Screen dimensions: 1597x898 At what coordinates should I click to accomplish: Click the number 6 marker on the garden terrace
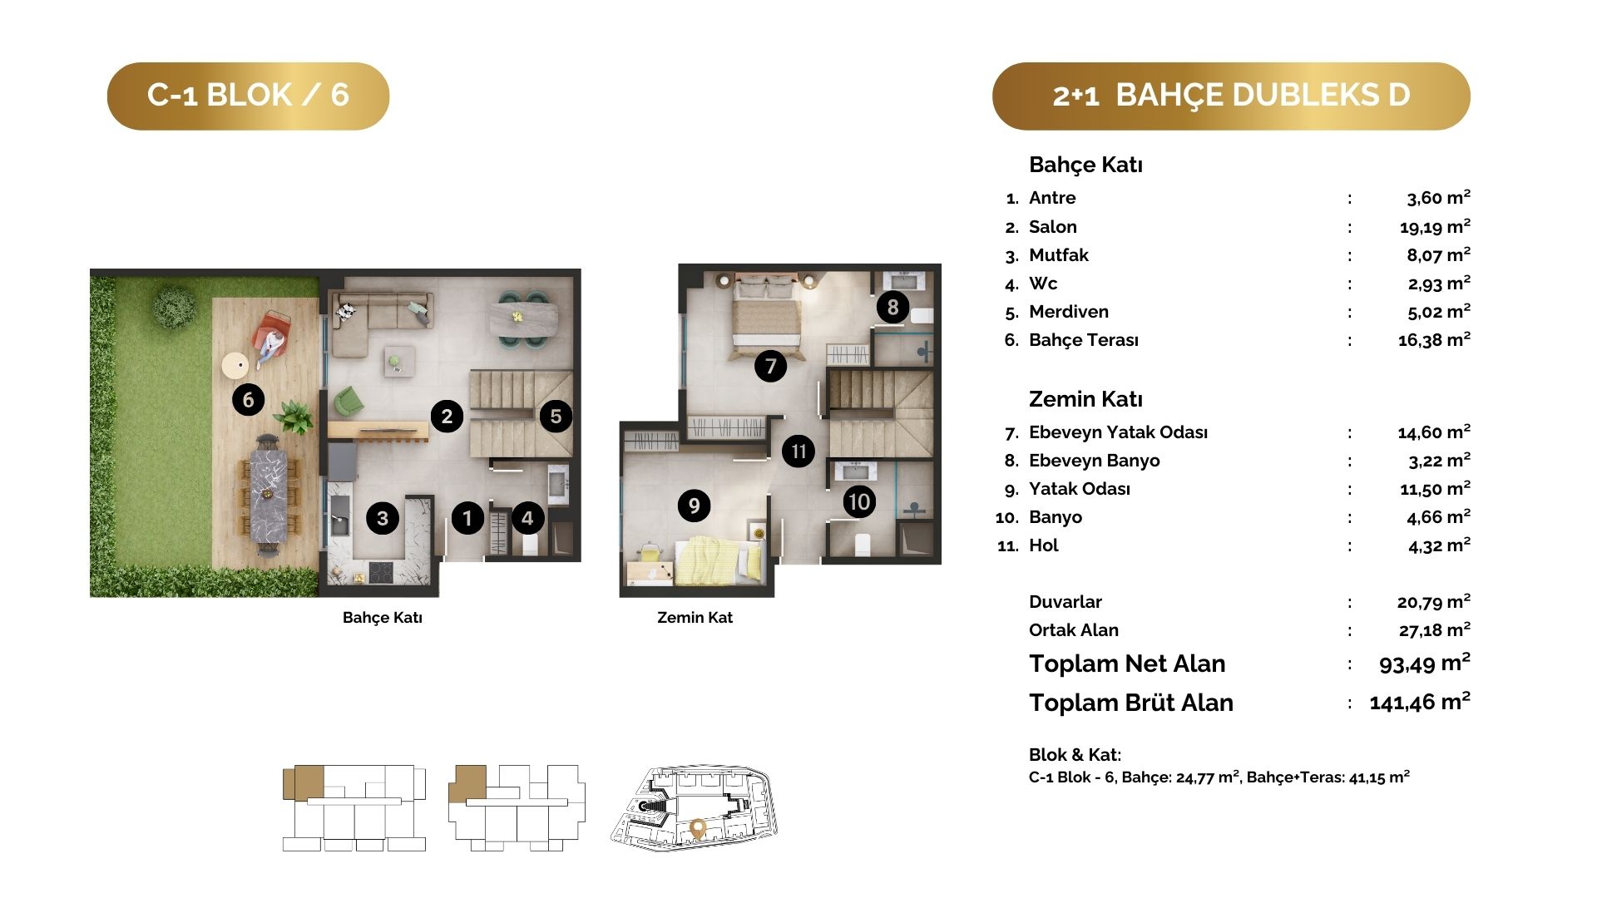tap(248, 400)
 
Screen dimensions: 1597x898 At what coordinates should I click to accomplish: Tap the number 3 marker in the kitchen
tap(383, 518)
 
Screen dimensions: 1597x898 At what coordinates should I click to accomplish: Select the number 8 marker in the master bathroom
tap(892, 308)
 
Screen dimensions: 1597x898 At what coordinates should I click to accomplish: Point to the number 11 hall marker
tap(798, 451)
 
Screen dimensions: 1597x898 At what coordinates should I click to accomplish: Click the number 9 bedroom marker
tap(694, 505)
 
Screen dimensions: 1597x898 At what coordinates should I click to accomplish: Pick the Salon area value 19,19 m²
tap(1435, 226)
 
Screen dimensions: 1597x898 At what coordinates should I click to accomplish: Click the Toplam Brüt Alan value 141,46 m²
tap(1420, 702)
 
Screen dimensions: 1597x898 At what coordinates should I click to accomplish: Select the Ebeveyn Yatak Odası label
tap(1118, 432)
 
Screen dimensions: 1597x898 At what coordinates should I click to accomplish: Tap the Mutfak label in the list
tap(1058, 255)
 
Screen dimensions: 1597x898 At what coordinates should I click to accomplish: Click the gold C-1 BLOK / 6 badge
tap(248, 96)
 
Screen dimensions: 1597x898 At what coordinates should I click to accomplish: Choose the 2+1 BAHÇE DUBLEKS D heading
tap(1231, 96)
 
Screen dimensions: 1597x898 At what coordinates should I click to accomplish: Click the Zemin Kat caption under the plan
tap(695, 618)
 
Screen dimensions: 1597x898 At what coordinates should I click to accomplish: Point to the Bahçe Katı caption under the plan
tap(383, 618)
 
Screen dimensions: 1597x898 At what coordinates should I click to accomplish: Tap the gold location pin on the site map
tap(698, 829)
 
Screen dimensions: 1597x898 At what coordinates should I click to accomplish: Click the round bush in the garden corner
tap(175, 305)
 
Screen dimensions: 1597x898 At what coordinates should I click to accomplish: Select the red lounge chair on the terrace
tap(272, 336)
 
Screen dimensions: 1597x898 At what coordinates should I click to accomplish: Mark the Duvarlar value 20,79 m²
tap(1434, 601)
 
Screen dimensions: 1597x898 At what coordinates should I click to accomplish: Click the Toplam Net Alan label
tap(1127, 664)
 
